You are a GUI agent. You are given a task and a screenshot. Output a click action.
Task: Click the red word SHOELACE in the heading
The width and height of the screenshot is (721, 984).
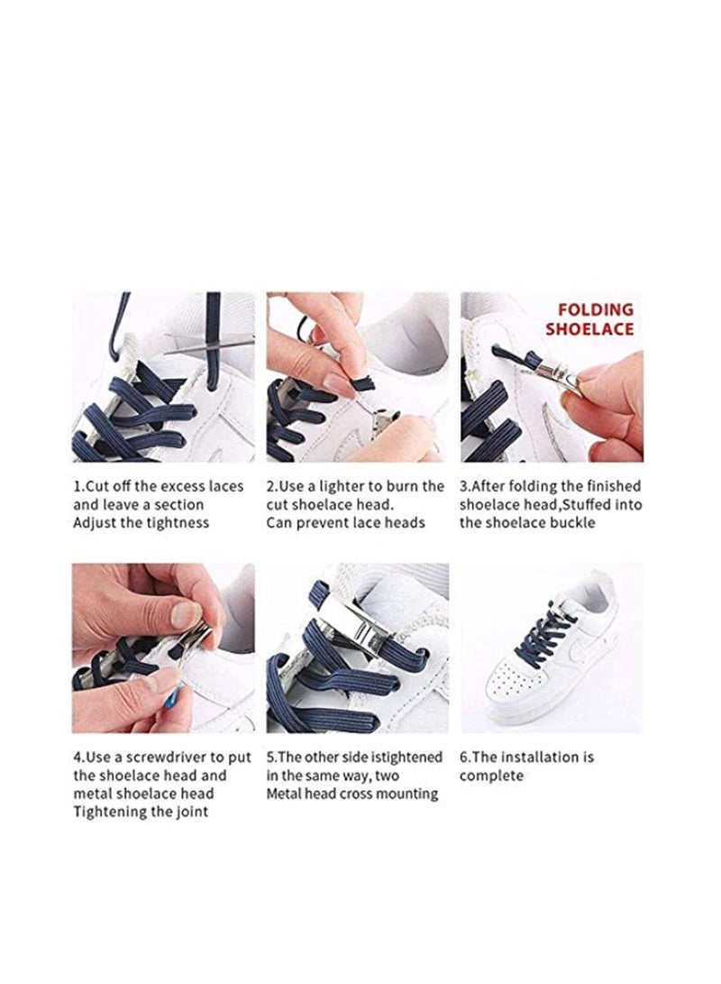tap(589, 329)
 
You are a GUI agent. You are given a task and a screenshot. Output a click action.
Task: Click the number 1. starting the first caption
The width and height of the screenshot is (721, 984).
tap(79, 486)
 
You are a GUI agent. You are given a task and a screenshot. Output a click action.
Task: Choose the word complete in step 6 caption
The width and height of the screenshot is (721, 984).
tap(491, 776)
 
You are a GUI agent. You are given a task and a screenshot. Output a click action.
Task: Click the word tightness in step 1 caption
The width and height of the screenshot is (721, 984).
tap(178, 523)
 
